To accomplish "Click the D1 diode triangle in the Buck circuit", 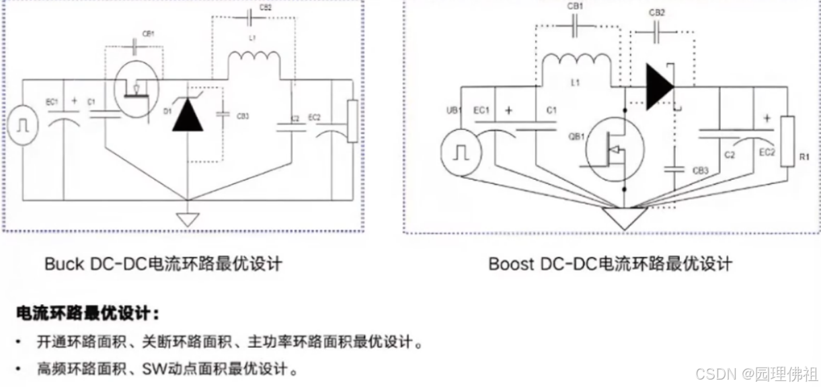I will point(188,117).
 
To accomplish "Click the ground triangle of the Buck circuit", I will point(187,219).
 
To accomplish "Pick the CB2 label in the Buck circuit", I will point(265,8).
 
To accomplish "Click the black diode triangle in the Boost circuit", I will point(660,87).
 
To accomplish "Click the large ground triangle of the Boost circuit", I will point(624,217).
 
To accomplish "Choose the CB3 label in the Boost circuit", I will point(701,171).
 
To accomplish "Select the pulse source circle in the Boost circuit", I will point(462,153).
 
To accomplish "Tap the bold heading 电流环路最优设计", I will point(87,314).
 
